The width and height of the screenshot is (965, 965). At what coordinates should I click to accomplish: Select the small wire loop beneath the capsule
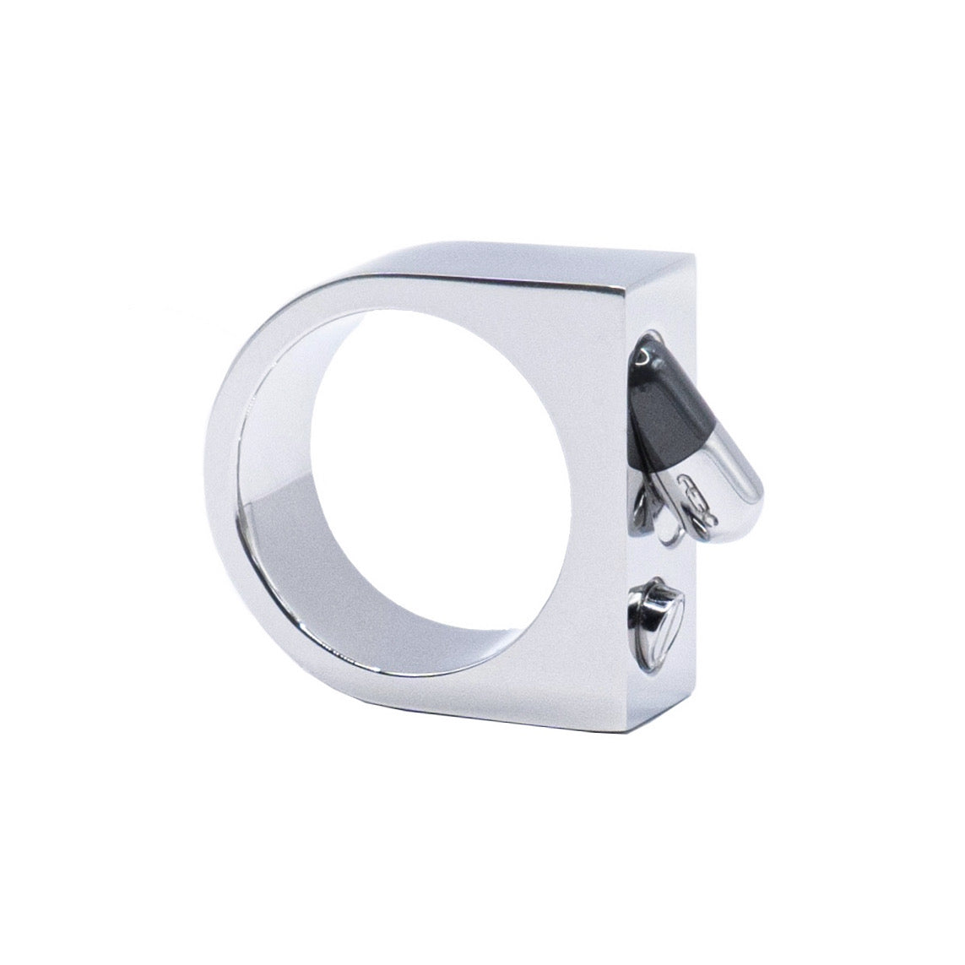[667, 532]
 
